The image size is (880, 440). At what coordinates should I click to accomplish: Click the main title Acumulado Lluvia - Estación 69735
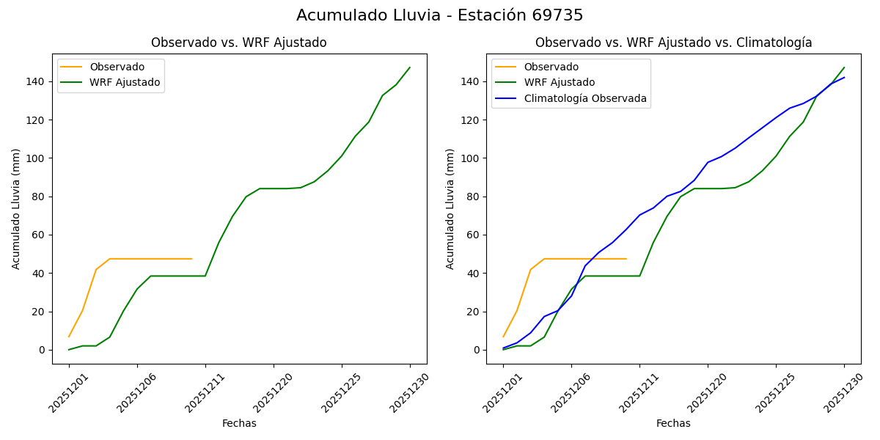(x=440, y=15)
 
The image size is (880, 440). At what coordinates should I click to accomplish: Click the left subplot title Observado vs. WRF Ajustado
(x=238, y=43)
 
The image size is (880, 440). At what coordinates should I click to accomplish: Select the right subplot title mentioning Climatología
(x=673, y=43)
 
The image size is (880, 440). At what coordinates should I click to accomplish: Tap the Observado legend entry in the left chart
(x=117, y=67)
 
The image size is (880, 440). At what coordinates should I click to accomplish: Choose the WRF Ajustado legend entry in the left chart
(x=124, y=83)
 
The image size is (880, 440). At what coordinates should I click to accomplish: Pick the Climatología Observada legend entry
(x=584, y=99)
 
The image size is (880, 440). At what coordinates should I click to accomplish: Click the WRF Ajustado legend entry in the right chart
(x=558, y=83)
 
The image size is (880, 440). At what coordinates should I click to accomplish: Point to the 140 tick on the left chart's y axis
(x=36, y=81)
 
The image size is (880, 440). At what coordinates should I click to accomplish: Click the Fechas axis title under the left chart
(x=239, y=424)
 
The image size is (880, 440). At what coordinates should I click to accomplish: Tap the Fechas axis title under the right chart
(x=673, y=424)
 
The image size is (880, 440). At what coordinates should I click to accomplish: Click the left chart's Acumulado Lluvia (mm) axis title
(x=16, y=208)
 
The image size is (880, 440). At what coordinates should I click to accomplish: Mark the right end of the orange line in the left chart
(x=191, y=259)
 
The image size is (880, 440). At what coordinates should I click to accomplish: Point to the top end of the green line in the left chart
(x=410, y=67)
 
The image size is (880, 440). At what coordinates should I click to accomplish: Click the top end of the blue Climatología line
(x=844, y=78)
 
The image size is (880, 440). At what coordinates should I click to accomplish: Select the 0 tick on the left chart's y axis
(x=42, y=351)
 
